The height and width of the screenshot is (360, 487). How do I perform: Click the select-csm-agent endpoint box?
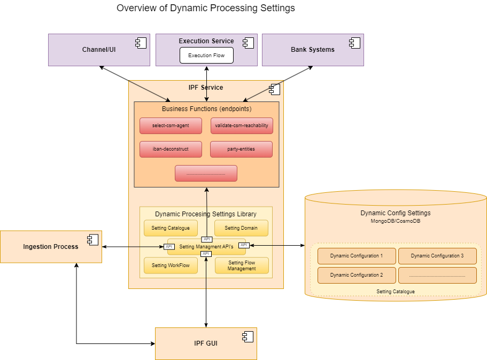coord(171,126)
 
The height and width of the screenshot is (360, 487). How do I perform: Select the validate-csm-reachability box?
coord(242,126)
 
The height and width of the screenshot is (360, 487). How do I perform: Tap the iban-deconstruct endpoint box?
coord(171,150)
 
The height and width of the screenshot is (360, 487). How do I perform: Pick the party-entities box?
coord(242,150)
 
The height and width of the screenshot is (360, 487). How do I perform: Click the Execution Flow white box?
coord(206,56)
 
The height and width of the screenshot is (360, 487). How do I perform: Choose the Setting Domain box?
coord(241,228)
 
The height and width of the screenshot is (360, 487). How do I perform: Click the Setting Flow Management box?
coord(242,265)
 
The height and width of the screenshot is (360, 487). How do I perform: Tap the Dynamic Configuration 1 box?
coord(357,256)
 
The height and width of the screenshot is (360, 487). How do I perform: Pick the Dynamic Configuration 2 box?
coord(357,275)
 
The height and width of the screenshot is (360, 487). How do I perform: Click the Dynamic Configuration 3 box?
coord(437,256)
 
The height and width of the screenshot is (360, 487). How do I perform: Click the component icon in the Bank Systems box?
coord(354,43)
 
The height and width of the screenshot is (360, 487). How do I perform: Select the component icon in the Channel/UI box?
coord(141,43)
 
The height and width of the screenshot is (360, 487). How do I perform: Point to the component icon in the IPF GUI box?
coord(248,336)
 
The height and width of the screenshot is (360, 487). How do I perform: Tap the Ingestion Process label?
coord(51,247)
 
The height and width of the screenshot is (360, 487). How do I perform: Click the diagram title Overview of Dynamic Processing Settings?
coord(206,8)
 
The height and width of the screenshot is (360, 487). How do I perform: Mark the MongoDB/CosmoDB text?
coord(396,221)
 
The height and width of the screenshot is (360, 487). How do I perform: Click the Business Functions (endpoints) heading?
coord(206,109)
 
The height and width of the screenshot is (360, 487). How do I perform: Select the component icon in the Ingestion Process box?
coord(93,240)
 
